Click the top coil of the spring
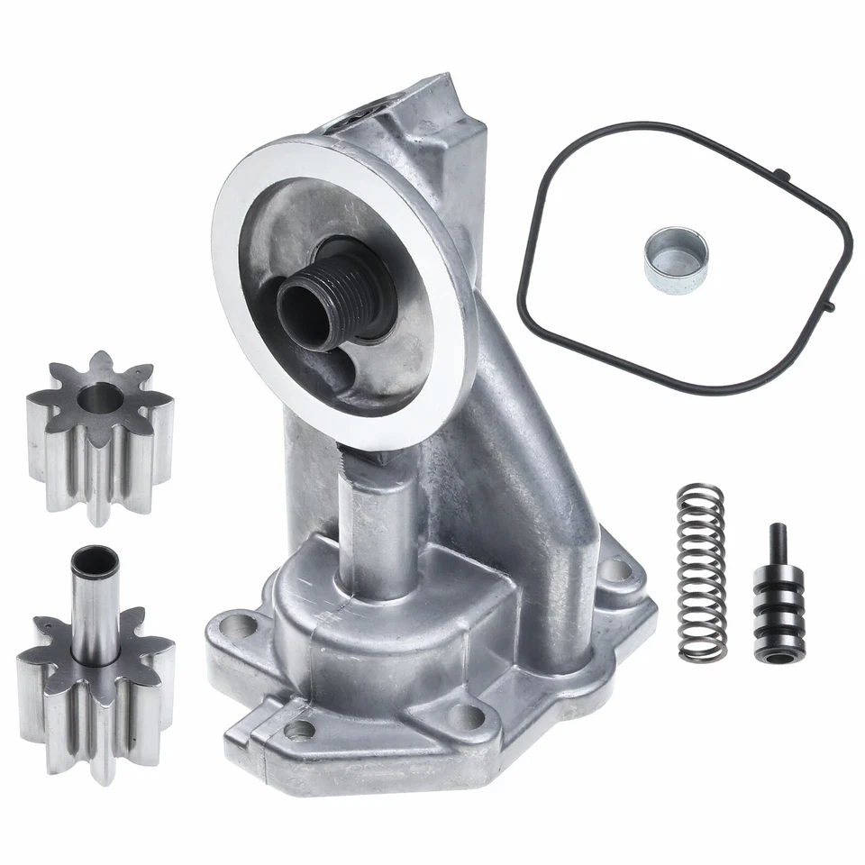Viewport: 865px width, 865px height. (x=699, y=492)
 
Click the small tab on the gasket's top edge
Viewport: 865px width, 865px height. (x=785, y=173)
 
